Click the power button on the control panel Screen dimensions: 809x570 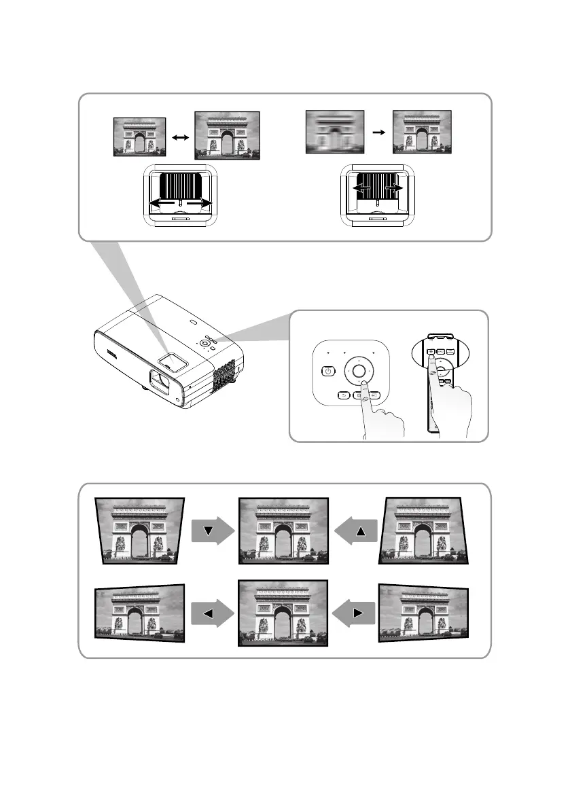(x=328, y=371)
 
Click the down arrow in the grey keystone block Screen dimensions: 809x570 (x=209, y=530)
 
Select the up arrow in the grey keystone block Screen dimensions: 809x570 (x=361, y=530)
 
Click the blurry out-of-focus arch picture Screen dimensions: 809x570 (x=335, y=132)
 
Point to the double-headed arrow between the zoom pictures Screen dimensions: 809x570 (x=180, y=137)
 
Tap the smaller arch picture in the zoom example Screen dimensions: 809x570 (x=140, y=137)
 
